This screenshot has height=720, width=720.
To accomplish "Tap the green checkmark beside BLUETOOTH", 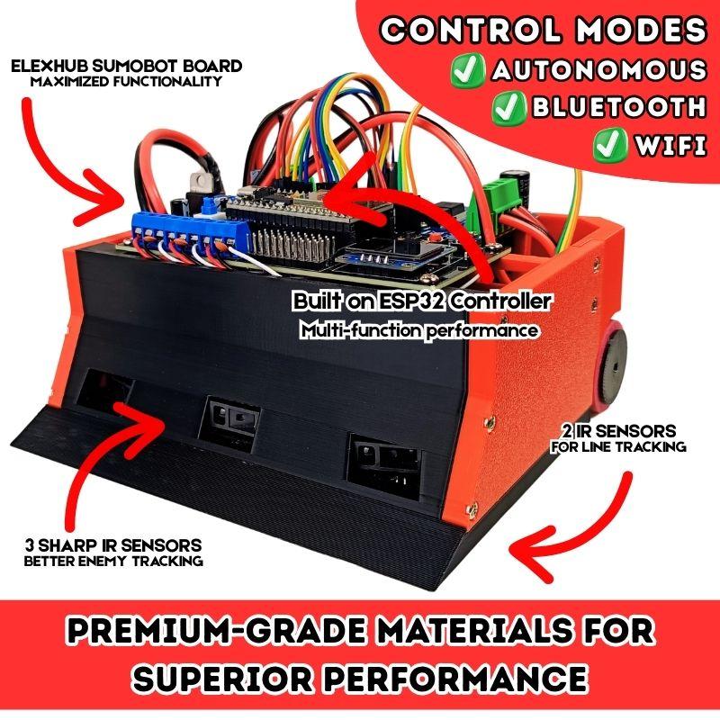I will coord(510,107).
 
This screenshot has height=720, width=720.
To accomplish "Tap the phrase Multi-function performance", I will coord(418,330).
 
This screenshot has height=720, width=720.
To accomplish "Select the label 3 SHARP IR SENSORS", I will coord(113,545).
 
